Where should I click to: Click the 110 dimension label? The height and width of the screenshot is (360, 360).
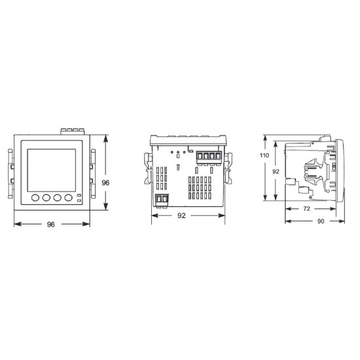pyautogui.click(x=264, y=155)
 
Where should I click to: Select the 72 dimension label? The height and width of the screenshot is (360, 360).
pyautogui.click(x=307, y=209)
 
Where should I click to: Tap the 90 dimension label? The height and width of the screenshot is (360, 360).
pyautogui.click(x=321, y=221)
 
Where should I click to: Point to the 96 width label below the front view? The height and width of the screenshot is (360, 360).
pyautogui.click(x=51, y=225)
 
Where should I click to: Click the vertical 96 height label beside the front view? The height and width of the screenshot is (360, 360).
pyautogui.click(x=105, y=183)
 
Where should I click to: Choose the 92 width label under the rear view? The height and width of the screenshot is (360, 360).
pyautogui.click(x=181, y=215)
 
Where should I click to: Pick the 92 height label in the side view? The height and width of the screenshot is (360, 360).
pyautogui.click(x=276, y=171)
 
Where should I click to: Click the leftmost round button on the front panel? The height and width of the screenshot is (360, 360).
pyautogui.click(x=35, y=198)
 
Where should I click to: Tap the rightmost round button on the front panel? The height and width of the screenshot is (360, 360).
pyautogui.click(x=69, y=198)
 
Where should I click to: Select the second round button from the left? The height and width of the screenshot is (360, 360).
pyautogui.click(x=46, y=198)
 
